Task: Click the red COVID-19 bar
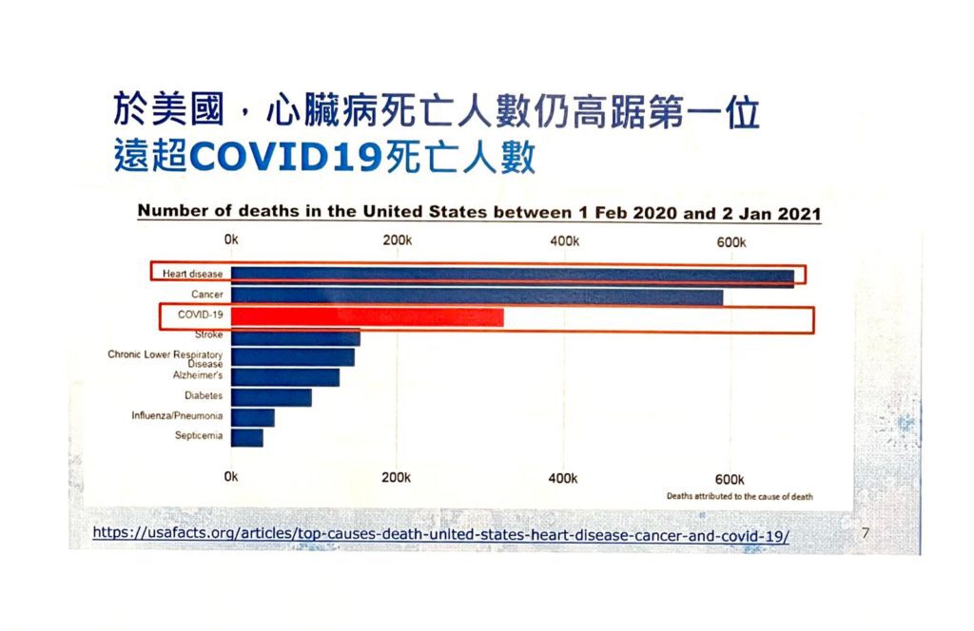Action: tap(367, 317)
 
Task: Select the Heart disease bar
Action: tap(512, 276)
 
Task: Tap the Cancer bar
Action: tap(477, 296)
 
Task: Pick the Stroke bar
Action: tap(295, 337)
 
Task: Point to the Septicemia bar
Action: tap(246, 437)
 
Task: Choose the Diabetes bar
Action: tap(271, 397)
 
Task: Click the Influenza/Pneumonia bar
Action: tap(252, 417)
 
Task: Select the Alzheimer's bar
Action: tap(284, 377)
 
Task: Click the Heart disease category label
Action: tap(192, 275)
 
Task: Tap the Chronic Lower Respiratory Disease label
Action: tap(166, 358)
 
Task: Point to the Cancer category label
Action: tap(206, 296)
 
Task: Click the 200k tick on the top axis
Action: tap(397, 240)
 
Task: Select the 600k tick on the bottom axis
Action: tap(729, 478)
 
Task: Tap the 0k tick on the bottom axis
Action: tap(231, 477)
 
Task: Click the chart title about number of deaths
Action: tap(479, 212)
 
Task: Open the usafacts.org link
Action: tap(440, 535)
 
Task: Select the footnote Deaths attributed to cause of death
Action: tap(739, 496)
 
